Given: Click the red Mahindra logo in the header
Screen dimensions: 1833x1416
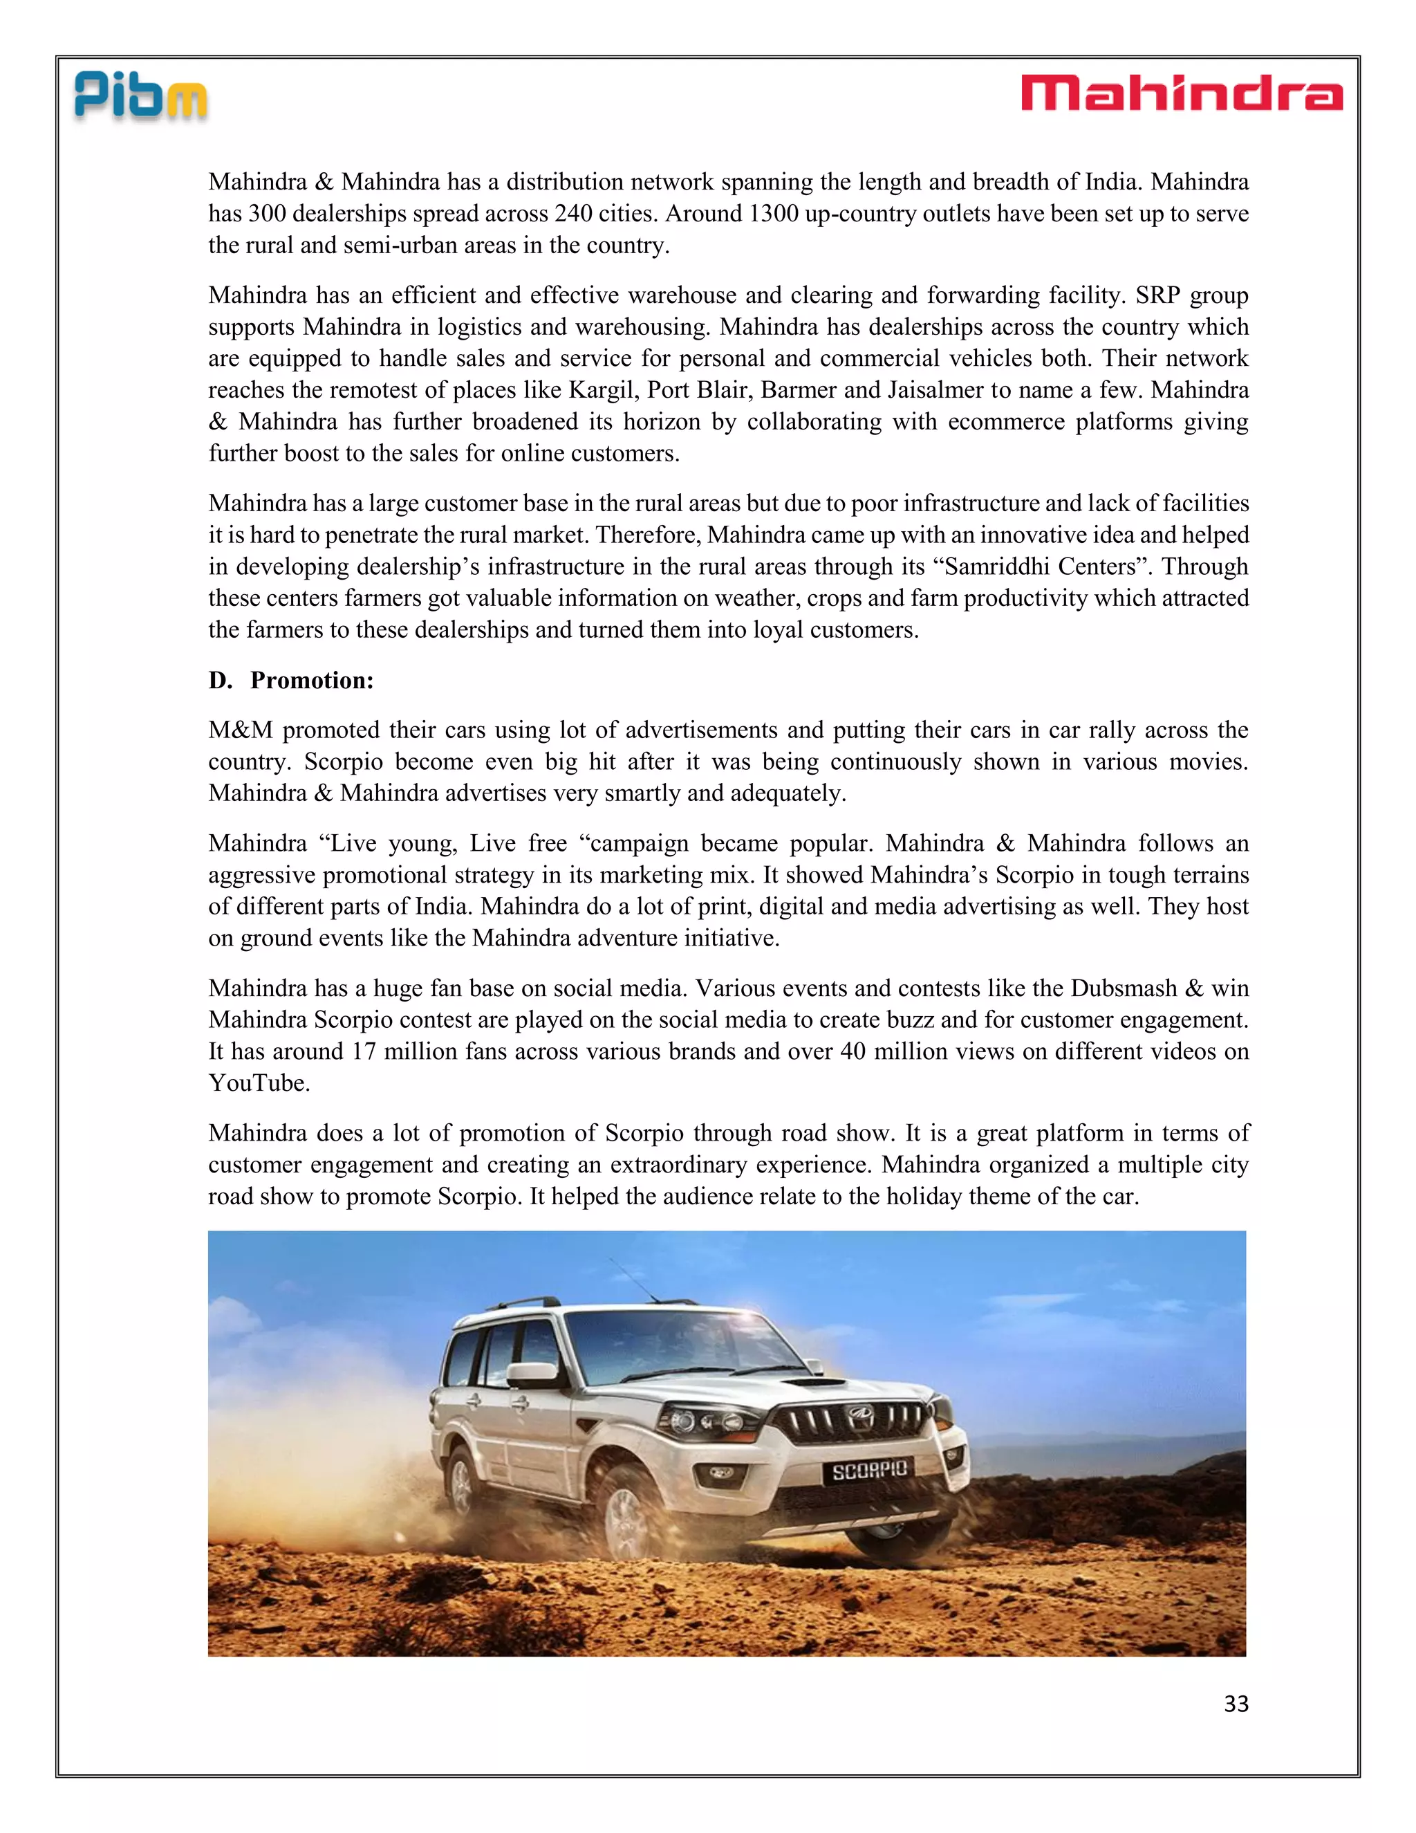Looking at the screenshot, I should pyautogui.click(x=1181, y=93).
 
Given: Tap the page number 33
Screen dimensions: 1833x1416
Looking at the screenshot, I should pyautogui.click(x=1236, y=1704).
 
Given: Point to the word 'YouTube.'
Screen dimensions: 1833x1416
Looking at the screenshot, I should pyautogui.click(x=259, y=1083).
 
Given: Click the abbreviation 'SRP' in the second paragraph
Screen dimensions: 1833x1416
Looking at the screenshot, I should pyautogui.click(x=1159, y=295).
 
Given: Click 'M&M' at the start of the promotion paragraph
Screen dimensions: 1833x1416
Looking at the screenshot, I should pyautogui.click(x=241, y=730).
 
